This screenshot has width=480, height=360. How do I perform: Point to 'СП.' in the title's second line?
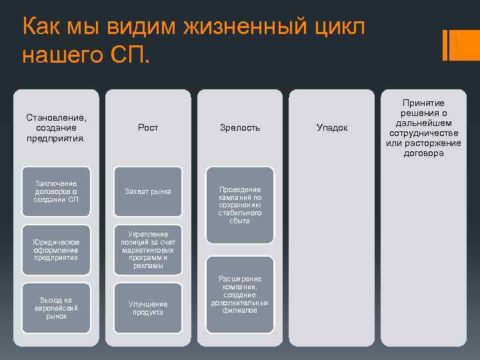tap(129, 55)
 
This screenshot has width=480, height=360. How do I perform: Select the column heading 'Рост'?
tap(148, 127)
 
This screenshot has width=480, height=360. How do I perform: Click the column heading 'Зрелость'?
tap(240, 127)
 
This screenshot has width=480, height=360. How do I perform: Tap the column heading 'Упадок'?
tap(332, 127)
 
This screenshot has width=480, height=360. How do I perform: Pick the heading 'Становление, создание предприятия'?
tap(56, 127)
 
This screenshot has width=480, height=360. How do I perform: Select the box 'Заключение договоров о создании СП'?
tap(56, 192)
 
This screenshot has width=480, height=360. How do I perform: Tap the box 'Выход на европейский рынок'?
tap(56, 307)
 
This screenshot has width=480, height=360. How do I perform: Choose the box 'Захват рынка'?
tap(148, 192)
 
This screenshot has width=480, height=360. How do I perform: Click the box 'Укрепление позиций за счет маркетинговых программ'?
tap(148, 249)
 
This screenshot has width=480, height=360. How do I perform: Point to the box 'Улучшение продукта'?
tap(148, 307)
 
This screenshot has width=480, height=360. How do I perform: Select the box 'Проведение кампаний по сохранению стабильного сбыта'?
tap(240, 205)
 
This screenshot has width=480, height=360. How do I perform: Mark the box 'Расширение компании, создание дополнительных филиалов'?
tap(240, 294)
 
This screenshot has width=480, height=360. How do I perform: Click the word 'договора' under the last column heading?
tap(423, 153)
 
